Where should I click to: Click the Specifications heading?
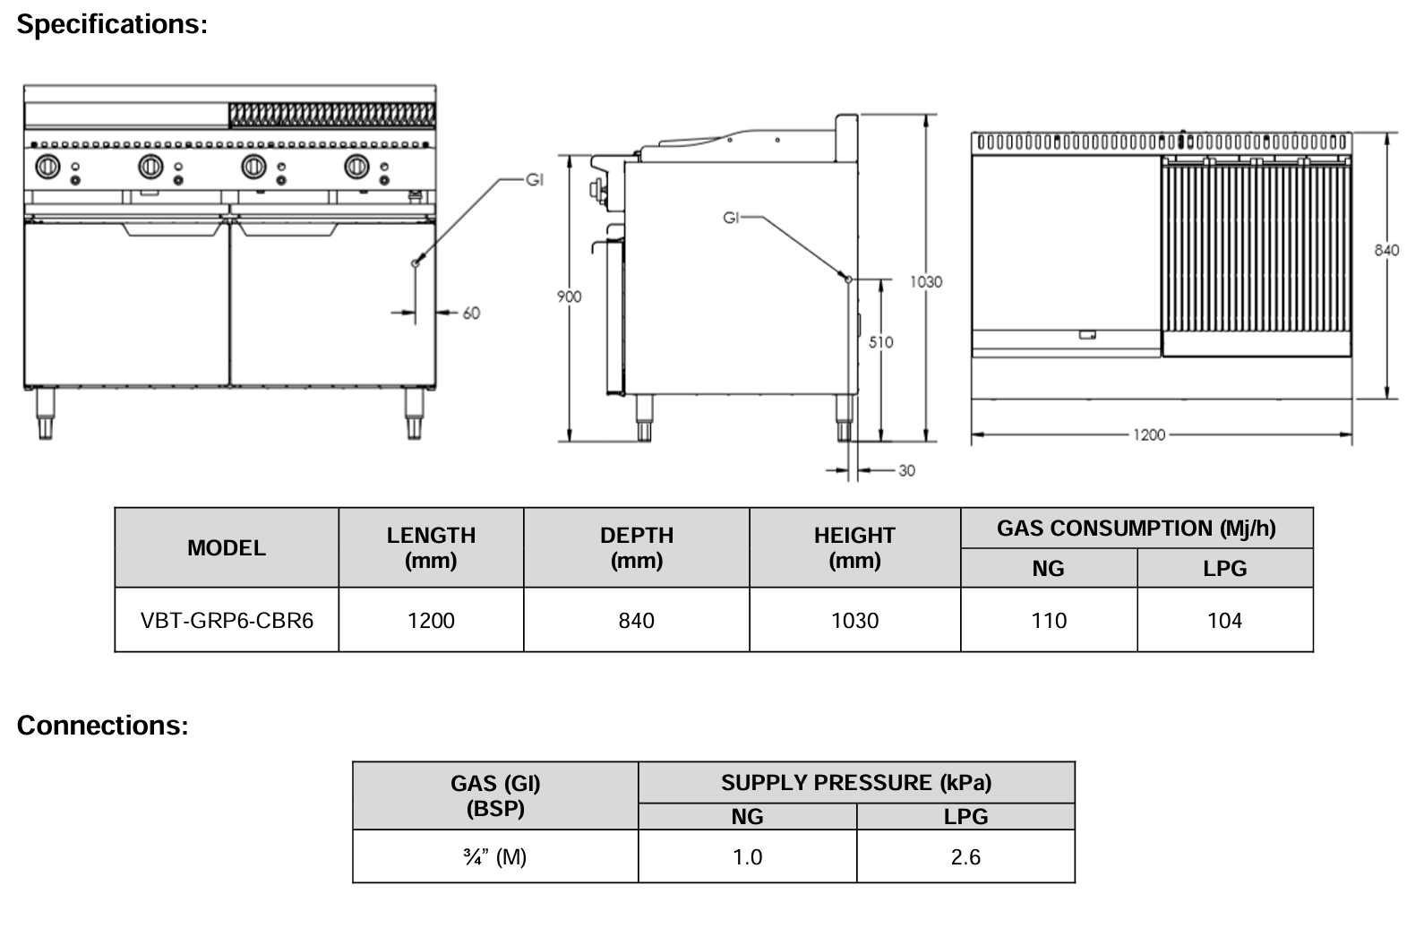112,24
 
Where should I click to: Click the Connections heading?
102,725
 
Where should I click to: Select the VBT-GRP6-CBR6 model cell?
227,620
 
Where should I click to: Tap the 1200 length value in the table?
431,620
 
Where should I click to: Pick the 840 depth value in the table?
636,620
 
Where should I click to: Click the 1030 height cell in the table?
854,620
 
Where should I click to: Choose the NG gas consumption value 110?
1048,620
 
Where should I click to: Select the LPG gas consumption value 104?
1224,620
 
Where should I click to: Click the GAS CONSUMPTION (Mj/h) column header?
1136,529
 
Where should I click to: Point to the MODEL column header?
227,547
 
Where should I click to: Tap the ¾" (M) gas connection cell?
495,857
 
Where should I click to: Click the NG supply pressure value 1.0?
747,857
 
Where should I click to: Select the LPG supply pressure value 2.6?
965,857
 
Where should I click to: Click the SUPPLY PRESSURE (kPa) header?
856,783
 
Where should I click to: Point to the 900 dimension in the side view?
569,297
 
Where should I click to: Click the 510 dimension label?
880,341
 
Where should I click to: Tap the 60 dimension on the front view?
471,313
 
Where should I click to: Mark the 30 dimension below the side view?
906,470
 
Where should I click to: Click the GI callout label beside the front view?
534,180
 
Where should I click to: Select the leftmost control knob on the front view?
47,167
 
